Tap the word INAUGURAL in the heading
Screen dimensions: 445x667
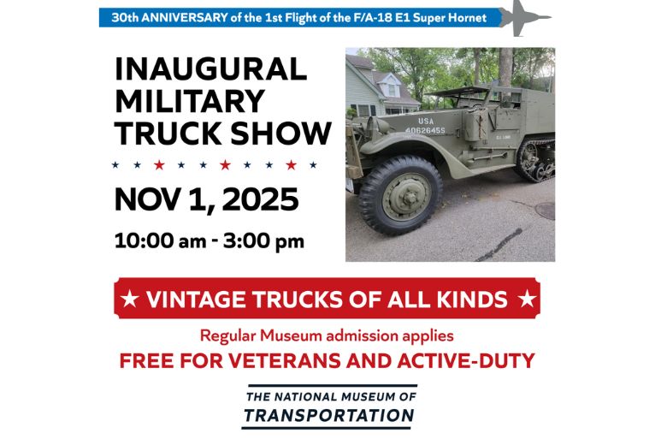[x=210, y=69]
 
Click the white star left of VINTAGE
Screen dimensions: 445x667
[x=131, y=299]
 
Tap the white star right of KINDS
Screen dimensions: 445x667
[x=528, y=299]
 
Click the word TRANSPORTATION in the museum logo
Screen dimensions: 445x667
[x=328, y=416]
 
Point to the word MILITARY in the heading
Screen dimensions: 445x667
[x=190, y=101]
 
